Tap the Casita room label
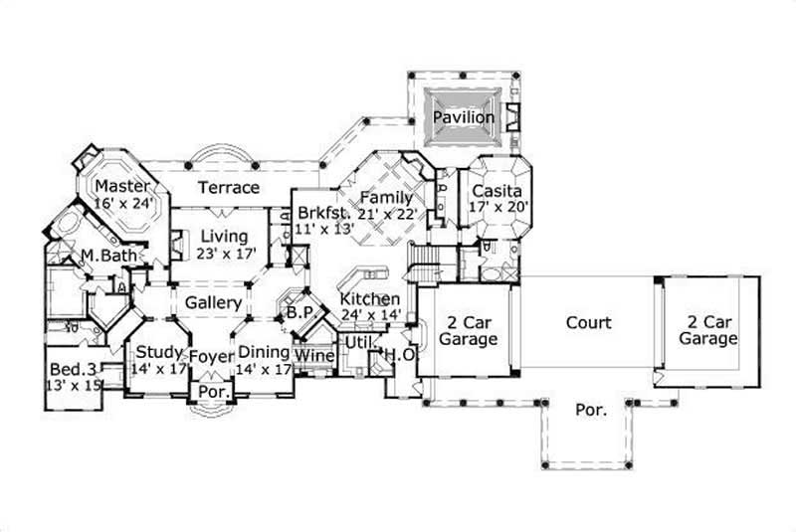point(497,190)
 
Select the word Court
point(588,323)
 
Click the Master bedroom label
point(123,186)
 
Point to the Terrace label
point(228,187)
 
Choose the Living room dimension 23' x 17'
point(228,253)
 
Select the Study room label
point(157,352)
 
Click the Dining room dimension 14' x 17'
point(264,369)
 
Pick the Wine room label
point(315,355)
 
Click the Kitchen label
point(370,299)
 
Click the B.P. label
point(299,312)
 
